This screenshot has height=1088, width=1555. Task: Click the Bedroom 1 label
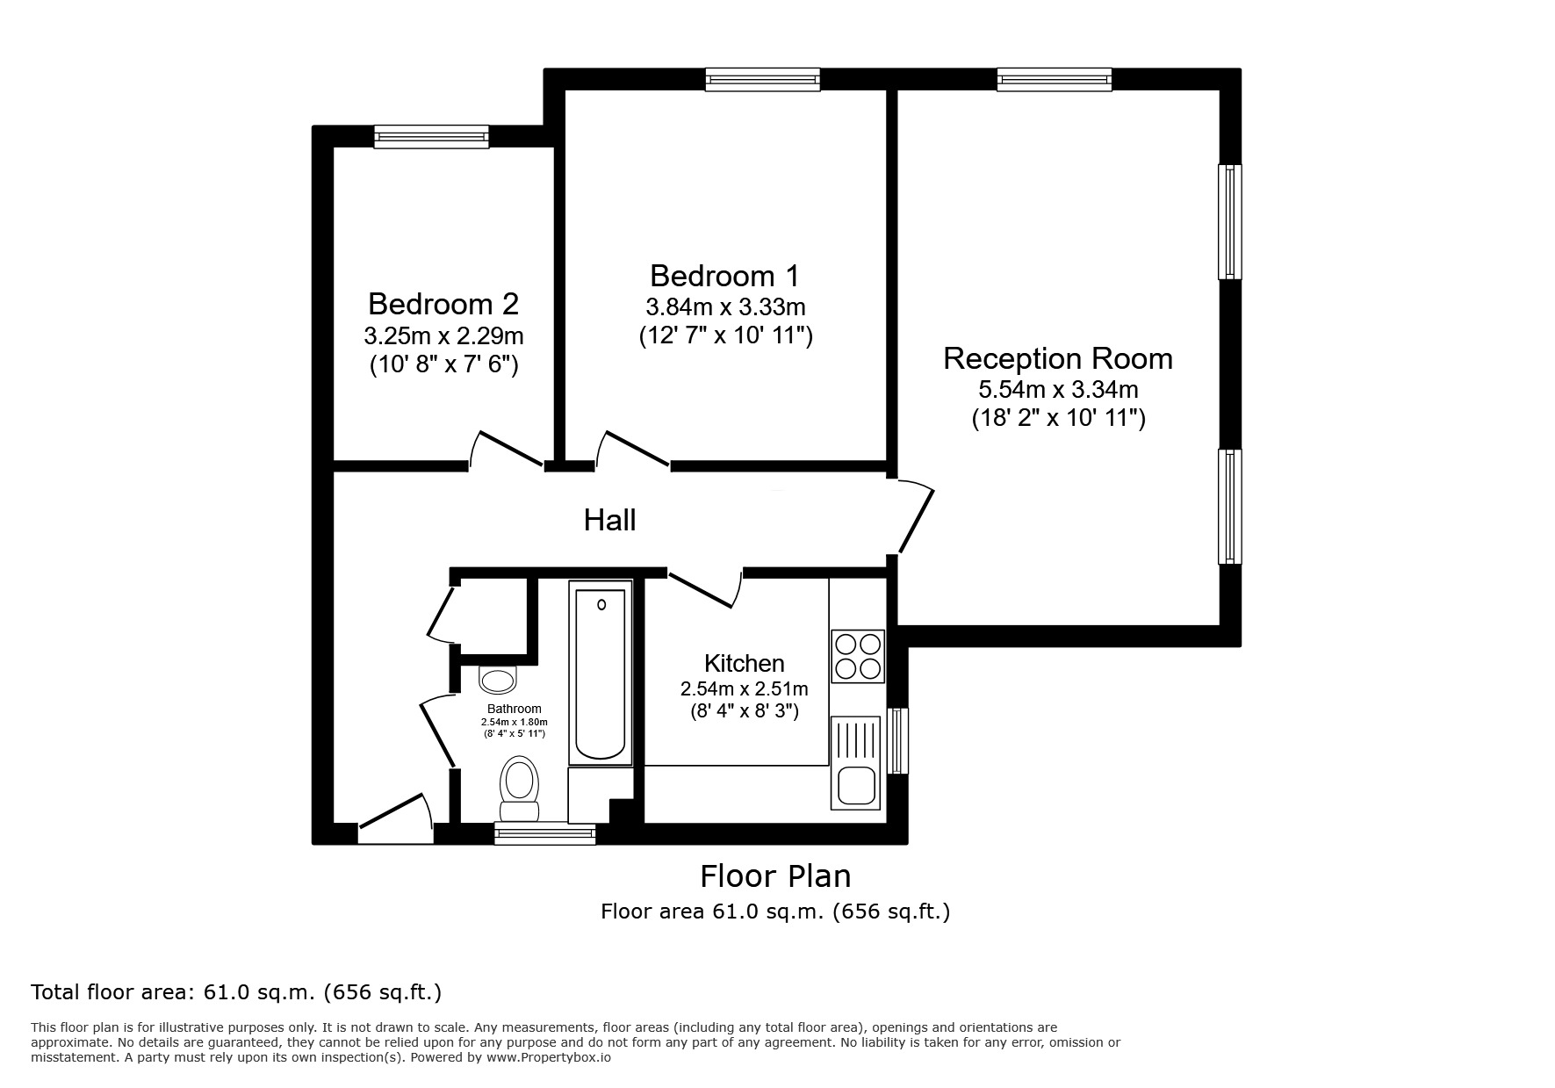[x=724, y=276]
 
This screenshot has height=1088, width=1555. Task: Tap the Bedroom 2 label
[x=443, y=304]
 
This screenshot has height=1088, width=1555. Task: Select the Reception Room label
[x=1057, y=358]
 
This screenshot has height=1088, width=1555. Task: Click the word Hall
[x=609, y=520]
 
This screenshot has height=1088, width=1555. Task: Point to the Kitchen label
[x=744, y=663]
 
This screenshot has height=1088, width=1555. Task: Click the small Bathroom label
[x=515, y=709]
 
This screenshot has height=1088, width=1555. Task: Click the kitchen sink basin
[x=855, y=784]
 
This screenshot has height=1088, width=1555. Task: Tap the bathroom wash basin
[x=498, y=680]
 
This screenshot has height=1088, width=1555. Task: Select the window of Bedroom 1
[x=762, y=80]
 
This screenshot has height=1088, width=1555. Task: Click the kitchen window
[x=896, y=741]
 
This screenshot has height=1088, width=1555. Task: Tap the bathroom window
[x=544, y=833]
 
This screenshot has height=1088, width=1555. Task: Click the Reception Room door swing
[x=915, y=518]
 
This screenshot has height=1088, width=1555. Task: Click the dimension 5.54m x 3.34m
[x=1057, y=388]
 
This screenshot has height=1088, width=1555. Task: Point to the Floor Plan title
[x=774, y=876]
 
